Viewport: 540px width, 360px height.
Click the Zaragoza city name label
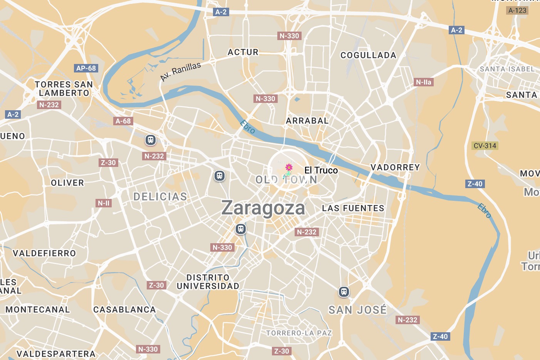[263, 208]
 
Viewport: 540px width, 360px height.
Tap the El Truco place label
[321, 170]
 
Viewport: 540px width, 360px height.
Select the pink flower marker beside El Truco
[288, 167]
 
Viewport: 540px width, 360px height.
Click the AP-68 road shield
[86, 68]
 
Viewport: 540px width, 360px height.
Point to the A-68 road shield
[123, 121]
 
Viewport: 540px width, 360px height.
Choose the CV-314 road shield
[485, 146]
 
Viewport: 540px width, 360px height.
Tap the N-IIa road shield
[424, 82]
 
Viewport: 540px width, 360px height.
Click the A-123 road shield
[517, 10]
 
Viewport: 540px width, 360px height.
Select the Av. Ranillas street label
[181, 71]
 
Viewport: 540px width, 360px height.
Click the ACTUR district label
[243, 52]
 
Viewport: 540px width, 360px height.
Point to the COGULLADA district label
[368, 55]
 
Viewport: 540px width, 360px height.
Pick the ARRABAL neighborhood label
[307, 121]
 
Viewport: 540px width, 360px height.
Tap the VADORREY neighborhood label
[395, 167]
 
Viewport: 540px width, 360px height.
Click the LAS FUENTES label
[353, 208]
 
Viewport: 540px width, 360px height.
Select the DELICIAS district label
[160, 197]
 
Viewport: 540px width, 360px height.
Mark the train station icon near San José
[344, 292]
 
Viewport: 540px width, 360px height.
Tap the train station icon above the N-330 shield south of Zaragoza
[241, 229]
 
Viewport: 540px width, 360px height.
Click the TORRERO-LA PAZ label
[299, 333]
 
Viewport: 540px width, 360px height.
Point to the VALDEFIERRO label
[44, 253]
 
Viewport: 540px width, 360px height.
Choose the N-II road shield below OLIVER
[104, 203]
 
